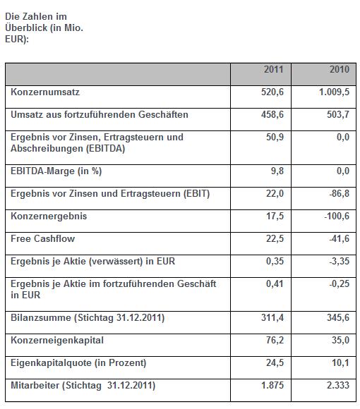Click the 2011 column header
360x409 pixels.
pyautogui.click(x=273, y=70)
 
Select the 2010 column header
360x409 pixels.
pyautogui.click(x=340, y=70)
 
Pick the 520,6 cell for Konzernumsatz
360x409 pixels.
pyautogui.click(x=272, y=92)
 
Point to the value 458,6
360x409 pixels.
pyautogui.click(x=272, y=114)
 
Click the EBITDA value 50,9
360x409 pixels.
pyautogui.click(x=275, y=137)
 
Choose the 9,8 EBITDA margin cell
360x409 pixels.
pyautogui.click(x=277, y=171)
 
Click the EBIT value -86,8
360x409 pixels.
pyautogui.click(x=338, y=193)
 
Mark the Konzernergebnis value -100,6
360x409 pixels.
pyautogui.click(x=336, y=216)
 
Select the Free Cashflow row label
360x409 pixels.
pyautogui.click(x=43, y=238)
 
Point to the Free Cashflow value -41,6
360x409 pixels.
pyautogui.click(x=338, y=238)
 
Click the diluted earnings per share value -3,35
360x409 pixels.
pyautogui.click(x=338, y=261)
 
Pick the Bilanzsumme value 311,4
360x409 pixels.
pyautogui.click(x=272, y=318)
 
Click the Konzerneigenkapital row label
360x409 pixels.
pyautogui.click(x=57, y=341)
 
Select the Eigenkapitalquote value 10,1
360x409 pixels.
pyautogui.click(x=340, y=363)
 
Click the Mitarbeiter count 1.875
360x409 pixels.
pyautogui.click(x=271, y=386)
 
